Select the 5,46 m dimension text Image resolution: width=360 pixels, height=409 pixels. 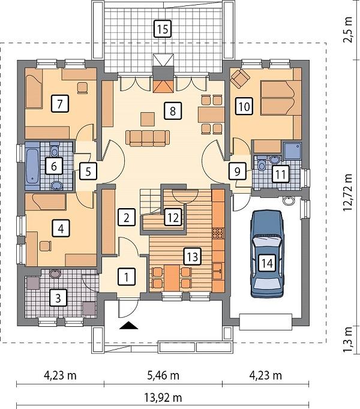163,376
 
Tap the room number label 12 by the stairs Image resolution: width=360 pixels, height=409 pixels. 172,217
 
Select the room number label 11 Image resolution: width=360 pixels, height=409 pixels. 280,174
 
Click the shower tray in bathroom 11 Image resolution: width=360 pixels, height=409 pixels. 293,150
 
